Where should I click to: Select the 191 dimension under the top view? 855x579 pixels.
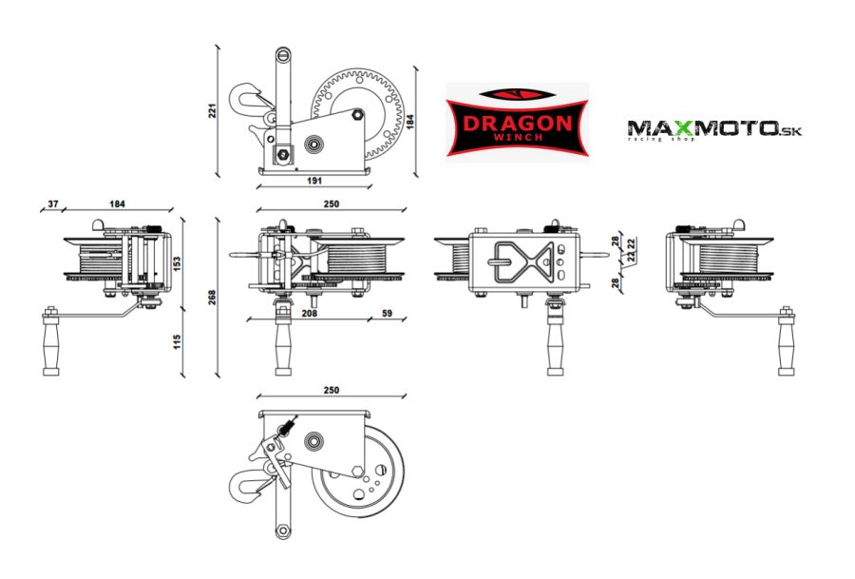(x=315, y=179)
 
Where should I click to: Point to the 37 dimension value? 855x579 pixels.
(x=53, y=204)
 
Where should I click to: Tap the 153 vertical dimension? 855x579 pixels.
(x=178, y=261)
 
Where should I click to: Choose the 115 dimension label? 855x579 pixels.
(x=178, y=340)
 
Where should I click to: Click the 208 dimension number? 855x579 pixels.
(x=308, y=312)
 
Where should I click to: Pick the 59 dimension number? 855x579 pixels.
(x=387, y=312)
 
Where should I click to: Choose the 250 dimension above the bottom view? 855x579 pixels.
(x=331, y=391)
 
